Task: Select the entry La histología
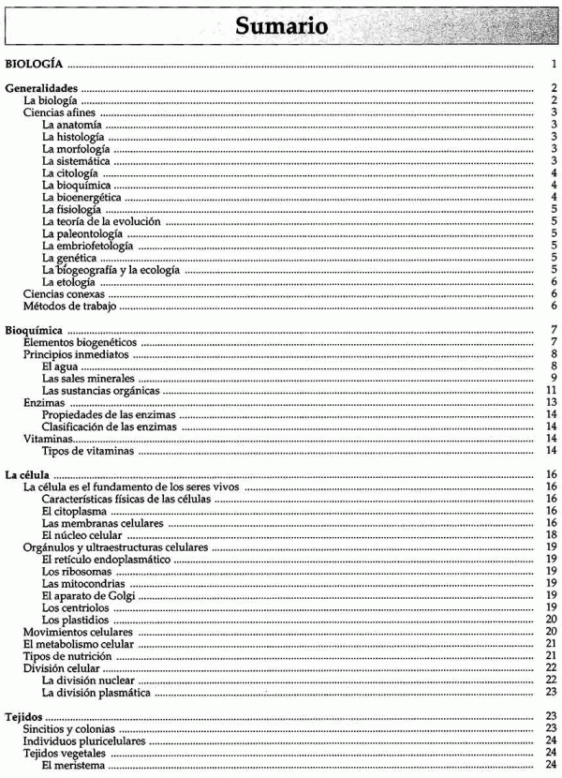74,137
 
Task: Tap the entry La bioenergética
81,197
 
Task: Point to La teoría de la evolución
102,221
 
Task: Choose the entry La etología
70,281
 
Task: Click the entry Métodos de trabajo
69,306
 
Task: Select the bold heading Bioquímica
35,331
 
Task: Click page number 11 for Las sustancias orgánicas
553,391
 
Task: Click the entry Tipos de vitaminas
86,451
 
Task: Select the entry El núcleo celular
82,535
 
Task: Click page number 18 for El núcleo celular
553,535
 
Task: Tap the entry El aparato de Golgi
89,596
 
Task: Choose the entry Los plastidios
76,620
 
